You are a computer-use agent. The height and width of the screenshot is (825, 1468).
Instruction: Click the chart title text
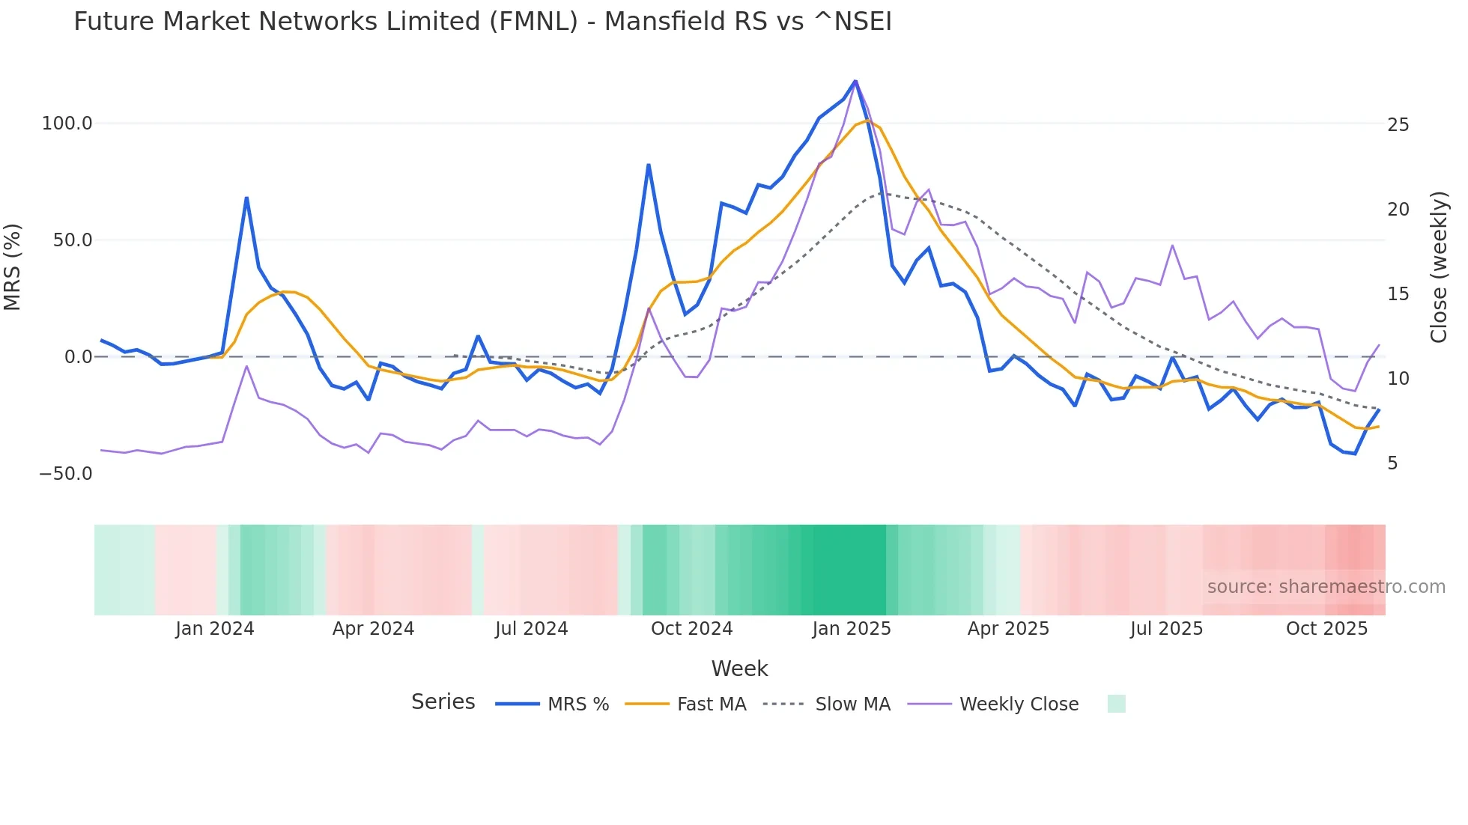(x=482, y=22)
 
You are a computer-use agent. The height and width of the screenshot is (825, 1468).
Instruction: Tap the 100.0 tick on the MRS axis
(x=67, y=124)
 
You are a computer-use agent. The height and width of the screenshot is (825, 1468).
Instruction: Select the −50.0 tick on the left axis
(x=65, y=474)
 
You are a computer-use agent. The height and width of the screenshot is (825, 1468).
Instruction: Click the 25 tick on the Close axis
(x=1398, y=125)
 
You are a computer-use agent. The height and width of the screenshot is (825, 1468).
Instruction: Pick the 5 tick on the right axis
(x=1392, y=463)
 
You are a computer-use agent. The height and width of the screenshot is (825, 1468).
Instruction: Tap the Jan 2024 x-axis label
(x=215, y=629)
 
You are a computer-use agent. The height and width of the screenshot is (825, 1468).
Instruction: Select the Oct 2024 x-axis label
(x=691, y=629)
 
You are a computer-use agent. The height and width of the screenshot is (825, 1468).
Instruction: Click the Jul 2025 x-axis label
(x=1166, y=629)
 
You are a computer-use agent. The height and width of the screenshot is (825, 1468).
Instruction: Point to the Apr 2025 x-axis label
(x=1008, y=629)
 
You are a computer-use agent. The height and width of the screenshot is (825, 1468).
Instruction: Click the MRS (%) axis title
(x=13, y=267)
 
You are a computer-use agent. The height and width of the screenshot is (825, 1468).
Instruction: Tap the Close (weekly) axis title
(x=1439, y=267)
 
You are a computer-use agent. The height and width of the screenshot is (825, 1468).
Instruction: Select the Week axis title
(x=739, y=669)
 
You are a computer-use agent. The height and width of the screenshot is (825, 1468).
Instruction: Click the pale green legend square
(x=1116, y=704)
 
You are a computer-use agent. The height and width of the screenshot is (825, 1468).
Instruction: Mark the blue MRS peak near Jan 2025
(x=855, y=81)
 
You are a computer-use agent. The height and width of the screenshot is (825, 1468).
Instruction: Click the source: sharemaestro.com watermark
(x=1326, y=587)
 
